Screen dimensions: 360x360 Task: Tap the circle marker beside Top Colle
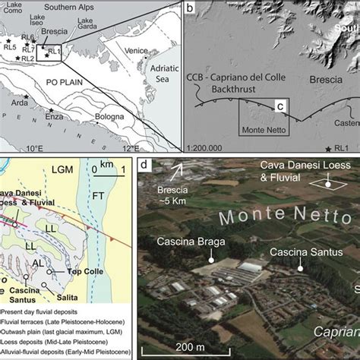coord(49,270)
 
